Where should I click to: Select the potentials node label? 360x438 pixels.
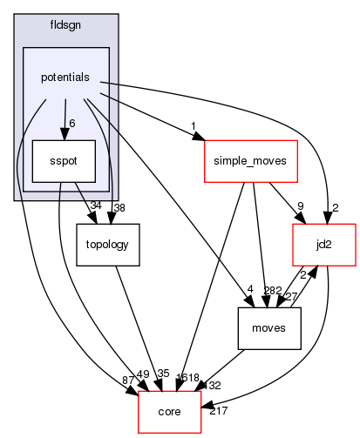[x=65, y=77]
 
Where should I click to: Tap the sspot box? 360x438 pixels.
[x=57, y=162]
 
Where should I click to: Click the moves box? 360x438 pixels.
[x=270, y=327]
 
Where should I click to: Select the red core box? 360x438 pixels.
[x=170, y=408]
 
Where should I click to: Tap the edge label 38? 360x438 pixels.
[x=119, y=207]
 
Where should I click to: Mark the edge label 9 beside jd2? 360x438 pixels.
[x=301, y=206]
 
